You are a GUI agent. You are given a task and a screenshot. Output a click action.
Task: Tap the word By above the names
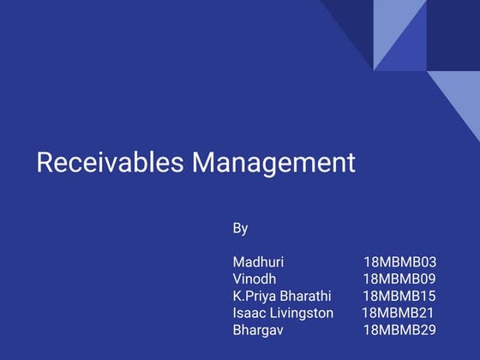240,228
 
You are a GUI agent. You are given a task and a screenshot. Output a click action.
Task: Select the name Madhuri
258,261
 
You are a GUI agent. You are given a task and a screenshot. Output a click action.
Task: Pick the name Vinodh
254,279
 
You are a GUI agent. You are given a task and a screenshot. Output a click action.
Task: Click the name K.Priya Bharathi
282,296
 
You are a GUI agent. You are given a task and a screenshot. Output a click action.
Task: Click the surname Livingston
301,313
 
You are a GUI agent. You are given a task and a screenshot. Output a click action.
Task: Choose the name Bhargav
257,330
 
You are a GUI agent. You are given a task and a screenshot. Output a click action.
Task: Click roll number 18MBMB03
399,261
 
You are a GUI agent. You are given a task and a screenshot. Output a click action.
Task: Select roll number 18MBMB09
399,279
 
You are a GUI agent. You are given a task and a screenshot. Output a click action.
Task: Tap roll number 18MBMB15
399,296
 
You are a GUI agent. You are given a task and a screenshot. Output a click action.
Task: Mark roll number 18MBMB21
398,313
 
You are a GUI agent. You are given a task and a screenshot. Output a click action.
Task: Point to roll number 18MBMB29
399,330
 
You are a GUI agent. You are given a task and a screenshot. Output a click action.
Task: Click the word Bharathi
306,296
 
